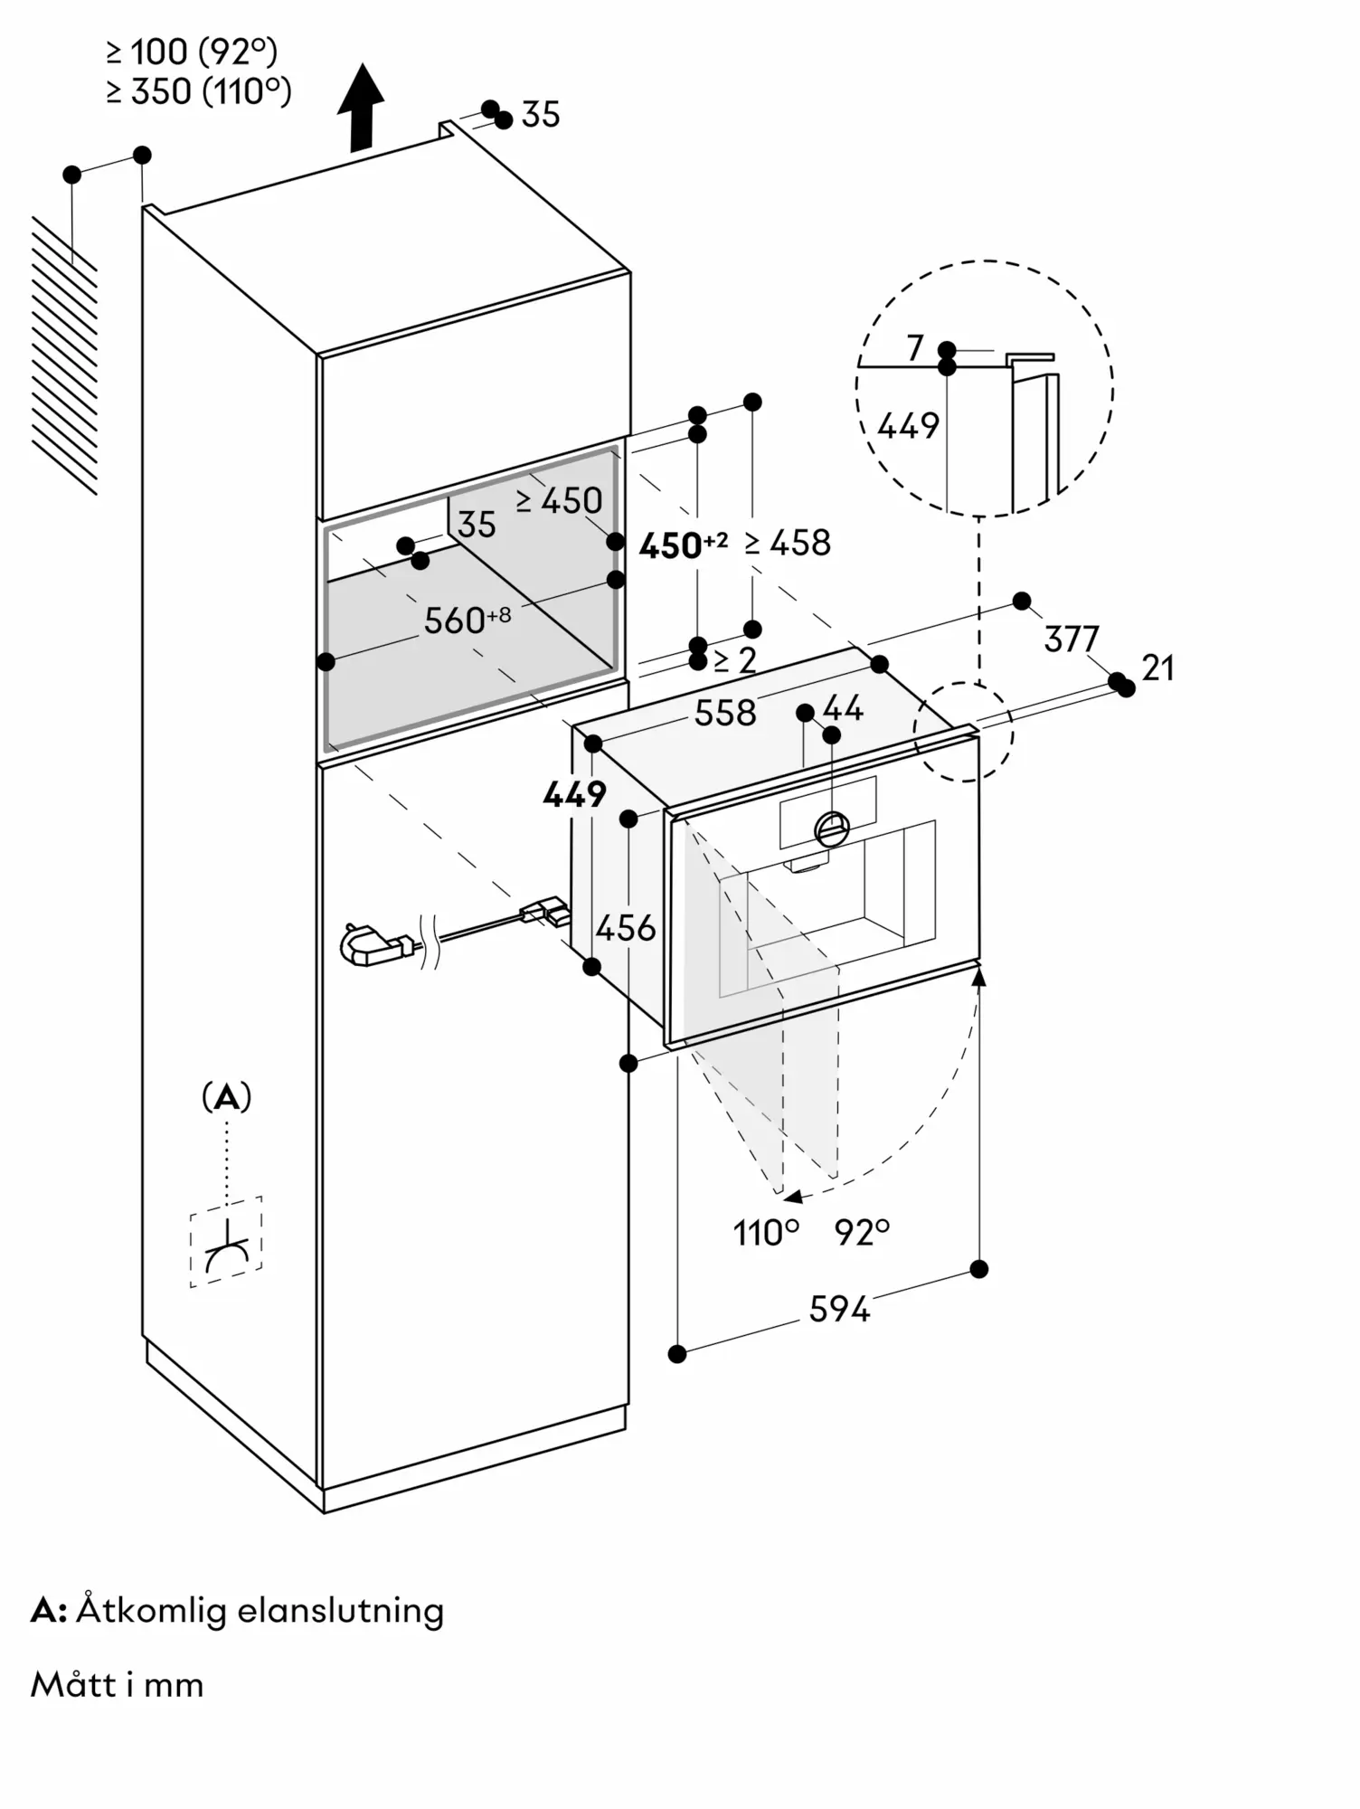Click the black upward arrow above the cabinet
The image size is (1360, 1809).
pos(361,107)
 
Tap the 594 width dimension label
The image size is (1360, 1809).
pos(839,1309)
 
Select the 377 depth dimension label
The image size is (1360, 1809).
pos(1072,639)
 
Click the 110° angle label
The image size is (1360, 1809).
pos(766,1232)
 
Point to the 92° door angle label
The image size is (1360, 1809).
pos(863,1232)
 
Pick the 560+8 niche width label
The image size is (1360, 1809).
pos(467,620)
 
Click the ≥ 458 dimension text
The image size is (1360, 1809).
pos(788,543)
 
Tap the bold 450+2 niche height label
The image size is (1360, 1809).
pos(683,545)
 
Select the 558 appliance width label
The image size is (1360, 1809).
pos(725,713)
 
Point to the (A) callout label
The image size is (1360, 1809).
pos(226,1097)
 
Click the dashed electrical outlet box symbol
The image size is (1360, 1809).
pos(226,1242)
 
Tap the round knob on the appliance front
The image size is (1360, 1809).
pos(832,827)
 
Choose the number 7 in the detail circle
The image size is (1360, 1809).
pos(914,347)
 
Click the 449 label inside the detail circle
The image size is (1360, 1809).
pos(908,425)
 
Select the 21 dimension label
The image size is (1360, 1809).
pos(1158,668)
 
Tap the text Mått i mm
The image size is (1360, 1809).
pos(117,1685)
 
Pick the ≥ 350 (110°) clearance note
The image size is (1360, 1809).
pos(199,91)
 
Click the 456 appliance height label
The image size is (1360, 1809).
pos(626,928)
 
